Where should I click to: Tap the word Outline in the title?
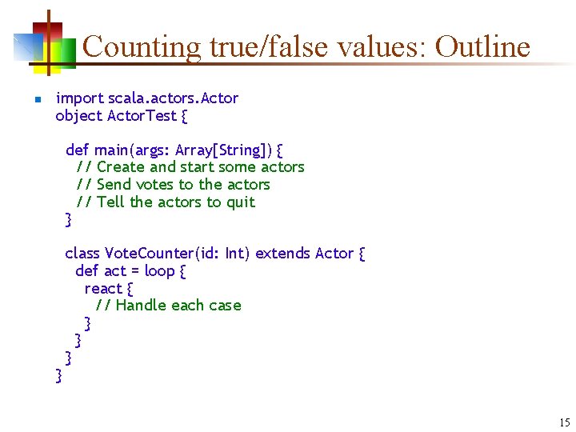click(x=482, y=46)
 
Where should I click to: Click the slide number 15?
click(x=565, y=422)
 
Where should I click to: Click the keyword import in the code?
click(x=79, y=98)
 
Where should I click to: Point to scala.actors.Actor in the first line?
click(x=174, y=98)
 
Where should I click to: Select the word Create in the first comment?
click(x=121, y=167)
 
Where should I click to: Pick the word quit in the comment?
click(x=240, y=202)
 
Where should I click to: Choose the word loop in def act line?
click(x=159, y=271)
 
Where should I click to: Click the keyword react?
click(x=103, y=289)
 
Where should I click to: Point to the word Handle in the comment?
click(x=141, y=306)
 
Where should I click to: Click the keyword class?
click(x=82, y=254)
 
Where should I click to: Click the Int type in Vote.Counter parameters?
click(x=236, y=254)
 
